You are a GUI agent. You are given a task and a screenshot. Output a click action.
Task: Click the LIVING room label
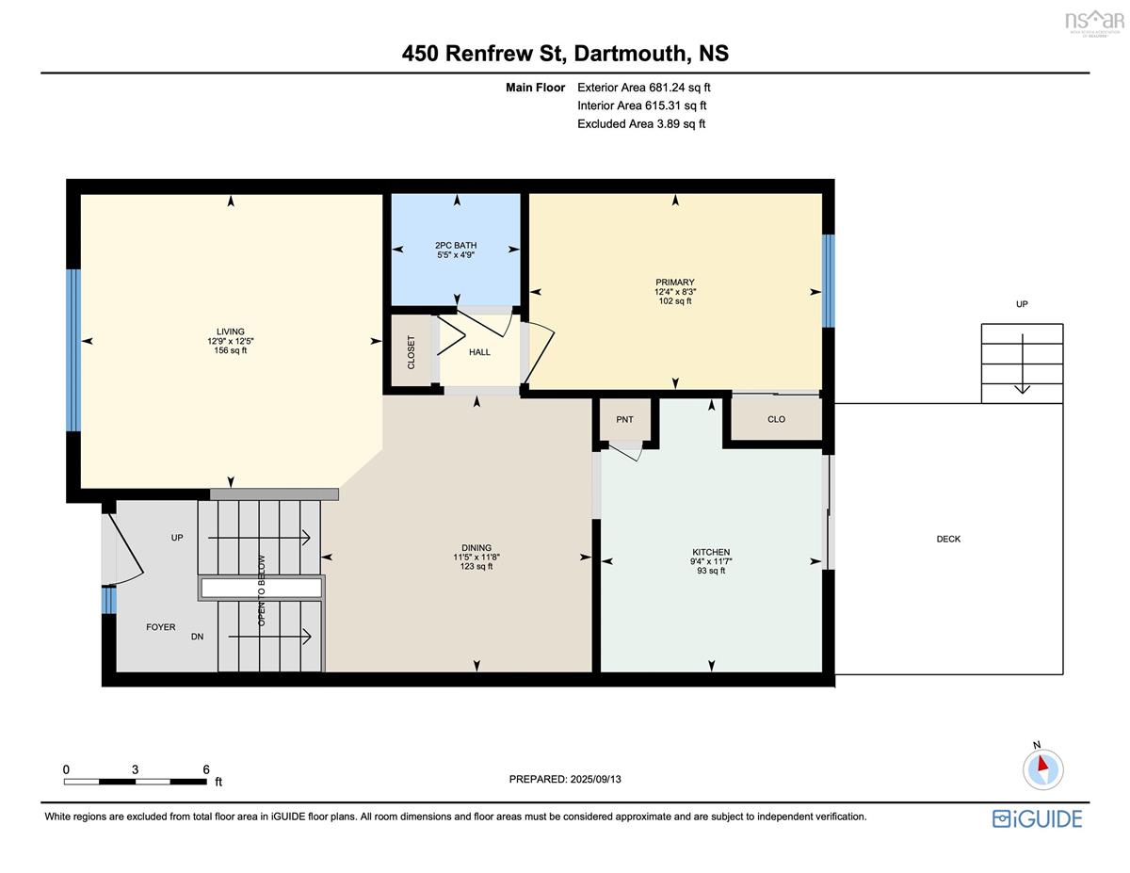click(230, 331)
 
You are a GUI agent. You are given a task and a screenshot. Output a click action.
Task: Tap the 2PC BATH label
click(456, 245)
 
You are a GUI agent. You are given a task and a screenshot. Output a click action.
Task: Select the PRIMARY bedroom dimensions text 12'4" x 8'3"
click(675, 292)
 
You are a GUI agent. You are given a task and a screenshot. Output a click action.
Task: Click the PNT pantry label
click(624, 419)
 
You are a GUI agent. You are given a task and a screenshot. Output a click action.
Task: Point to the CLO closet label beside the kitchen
click(776, 419)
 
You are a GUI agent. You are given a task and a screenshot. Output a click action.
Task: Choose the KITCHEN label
click(711, 552)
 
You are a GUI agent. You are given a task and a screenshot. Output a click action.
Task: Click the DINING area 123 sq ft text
click(476, 566)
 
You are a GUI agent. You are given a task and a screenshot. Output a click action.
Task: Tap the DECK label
click(948, 540)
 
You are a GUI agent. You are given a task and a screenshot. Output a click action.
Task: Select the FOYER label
click(161, 627)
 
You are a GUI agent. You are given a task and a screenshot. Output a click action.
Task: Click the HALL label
click(479, 352)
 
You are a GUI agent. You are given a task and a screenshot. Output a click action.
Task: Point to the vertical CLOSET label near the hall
click(412, 352)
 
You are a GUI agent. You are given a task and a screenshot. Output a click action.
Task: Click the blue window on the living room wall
click(73, 350)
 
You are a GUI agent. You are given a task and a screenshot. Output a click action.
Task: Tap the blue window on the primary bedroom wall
click(828, 281)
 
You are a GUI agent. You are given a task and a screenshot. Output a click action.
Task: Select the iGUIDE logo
click(1037, 819)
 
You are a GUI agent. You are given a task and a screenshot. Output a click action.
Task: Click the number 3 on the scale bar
click(136, 769)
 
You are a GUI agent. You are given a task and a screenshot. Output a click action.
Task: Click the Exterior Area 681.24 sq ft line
click(644, 88)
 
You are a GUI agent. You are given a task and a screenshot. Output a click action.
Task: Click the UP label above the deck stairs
click(1022, 304)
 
